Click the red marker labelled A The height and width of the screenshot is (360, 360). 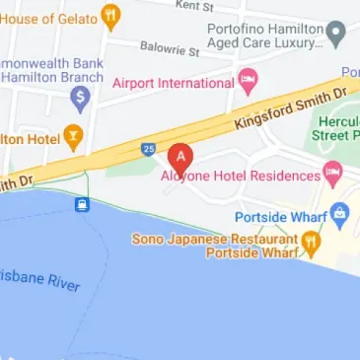click(x=180, y=157)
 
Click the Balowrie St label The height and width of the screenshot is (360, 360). click(x=170, y=47)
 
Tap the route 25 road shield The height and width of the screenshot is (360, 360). click(x=148, y=150)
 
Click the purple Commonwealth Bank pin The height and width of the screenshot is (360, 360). click(x=80, y=97)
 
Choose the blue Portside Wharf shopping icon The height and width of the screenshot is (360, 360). click(x=340, y=213)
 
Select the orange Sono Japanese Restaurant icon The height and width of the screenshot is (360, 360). click(x=310, y=240)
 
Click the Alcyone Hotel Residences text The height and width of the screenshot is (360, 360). click(x=241, y=176)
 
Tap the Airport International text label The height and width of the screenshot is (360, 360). click(x=174, y=84)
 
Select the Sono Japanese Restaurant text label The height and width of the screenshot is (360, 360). click(x=215, y=239)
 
